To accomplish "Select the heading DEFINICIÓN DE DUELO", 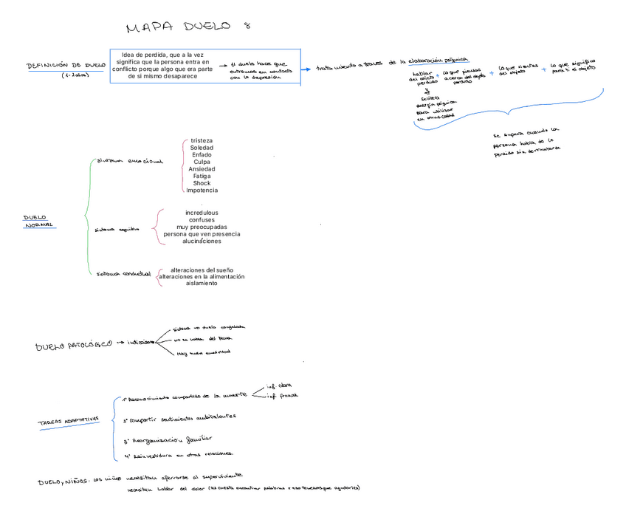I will [66, 66].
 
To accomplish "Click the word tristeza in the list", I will [202, 140].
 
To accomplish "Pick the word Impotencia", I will [202, 191].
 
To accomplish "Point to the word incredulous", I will [202, 213].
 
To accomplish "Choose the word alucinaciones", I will [202, 241].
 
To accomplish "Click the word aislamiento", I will [202, 283].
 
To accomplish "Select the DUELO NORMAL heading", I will [38, 222].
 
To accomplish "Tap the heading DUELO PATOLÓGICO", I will [74, 345].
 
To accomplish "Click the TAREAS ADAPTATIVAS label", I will [69, 422].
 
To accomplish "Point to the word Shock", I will [202, 183].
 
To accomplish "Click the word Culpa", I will [202, 162].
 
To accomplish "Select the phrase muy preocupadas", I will [202, 227].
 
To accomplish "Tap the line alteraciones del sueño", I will [202, 270].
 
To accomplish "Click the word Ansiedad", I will [202, 169].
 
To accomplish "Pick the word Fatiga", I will [202, 177].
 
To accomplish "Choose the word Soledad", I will [202, 148].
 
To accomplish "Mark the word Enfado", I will [202, 155].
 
